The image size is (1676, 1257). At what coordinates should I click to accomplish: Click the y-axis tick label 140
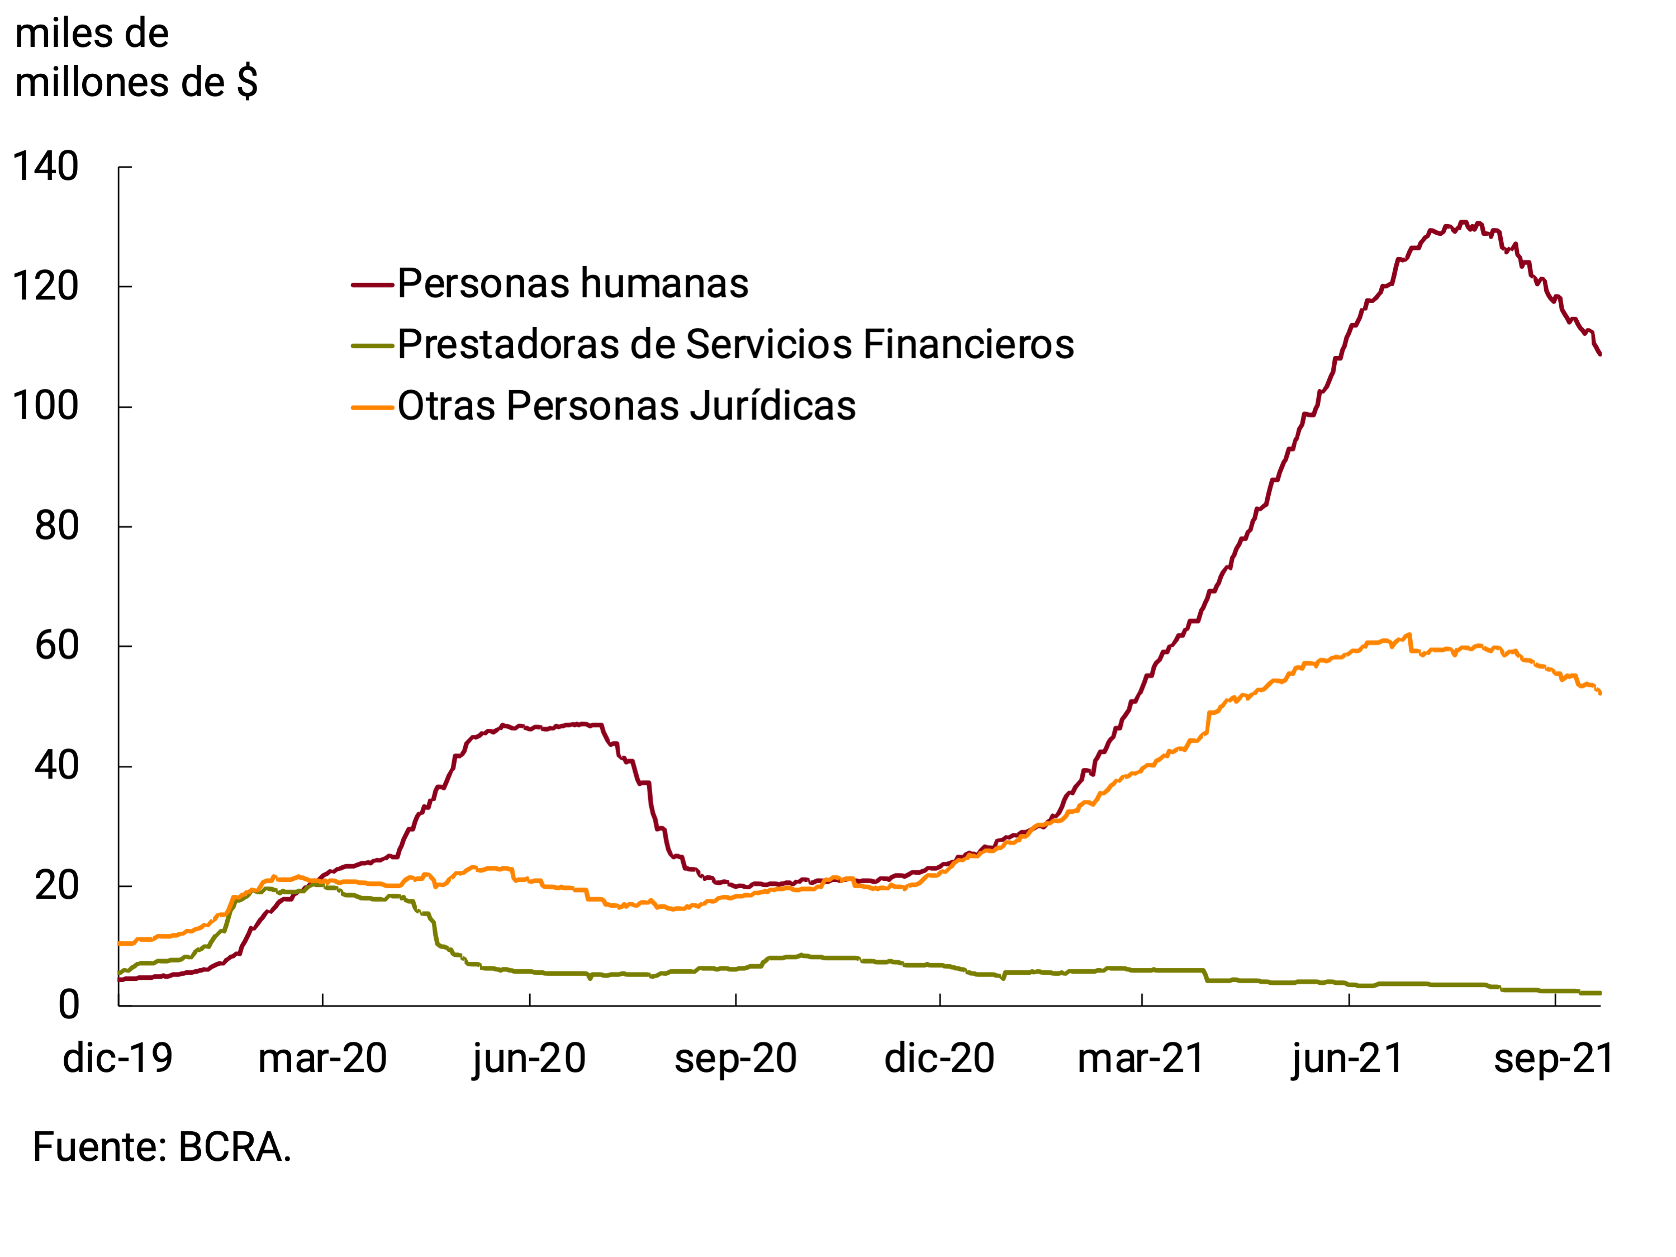[45, 167]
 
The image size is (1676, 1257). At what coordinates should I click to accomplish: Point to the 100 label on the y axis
[45, 406]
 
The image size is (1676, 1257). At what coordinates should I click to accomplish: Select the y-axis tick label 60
[57, 646]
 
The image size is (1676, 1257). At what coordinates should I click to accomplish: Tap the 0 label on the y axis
[68, 1005]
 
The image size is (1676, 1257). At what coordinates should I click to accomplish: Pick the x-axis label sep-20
[735, 1059]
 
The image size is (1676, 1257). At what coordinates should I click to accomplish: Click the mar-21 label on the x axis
[1141, 1059]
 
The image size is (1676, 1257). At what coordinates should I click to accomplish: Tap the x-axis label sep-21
[1554, 1059]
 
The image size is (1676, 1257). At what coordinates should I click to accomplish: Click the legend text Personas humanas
[573, 284]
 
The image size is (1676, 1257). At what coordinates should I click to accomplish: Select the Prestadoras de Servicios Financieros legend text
[735, 345]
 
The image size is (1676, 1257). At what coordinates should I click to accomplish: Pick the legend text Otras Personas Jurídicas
[626, 406]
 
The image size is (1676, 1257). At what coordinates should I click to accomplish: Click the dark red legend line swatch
[372, 285]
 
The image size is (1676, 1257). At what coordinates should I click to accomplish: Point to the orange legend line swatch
[372, 407]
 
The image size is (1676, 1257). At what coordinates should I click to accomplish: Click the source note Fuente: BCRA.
[162, 1146]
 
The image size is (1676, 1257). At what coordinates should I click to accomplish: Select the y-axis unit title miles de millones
[136, 58]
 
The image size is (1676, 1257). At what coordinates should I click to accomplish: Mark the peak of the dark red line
[1463, 223]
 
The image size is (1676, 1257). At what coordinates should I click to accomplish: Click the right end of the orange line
[1599, 692]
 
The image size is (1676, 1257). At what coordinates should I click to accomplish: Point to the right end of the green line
[1599, 993]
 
